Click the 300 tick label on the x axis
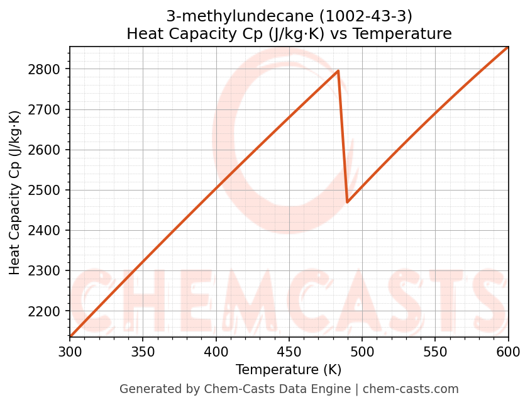click(70, 352)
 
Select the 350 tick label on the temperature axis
click(143, 352)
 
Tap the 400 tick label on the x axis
click(216, 352)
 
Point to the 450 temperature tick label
click(289, 352)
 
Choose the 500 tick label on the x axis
click(362, 352)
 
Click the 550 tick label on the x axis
click(435, 352)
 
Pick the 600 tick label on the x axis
click(508, 352)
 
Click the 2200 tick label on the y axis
click(47, 312)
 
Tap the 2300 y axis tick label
click(47, 271)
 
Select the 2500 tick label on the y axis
click(47, 191)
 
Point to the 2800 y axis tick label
click(47, 69)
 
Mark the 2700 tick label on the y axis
click(47, 109)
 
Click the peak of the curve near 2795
click(338, 71)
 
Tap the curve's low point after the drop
click(348, 202)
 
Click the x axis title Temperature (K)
click(289, 370)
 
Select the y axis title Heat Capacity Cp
click(15, 192)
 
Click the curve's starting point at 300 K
click(70, 336)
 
